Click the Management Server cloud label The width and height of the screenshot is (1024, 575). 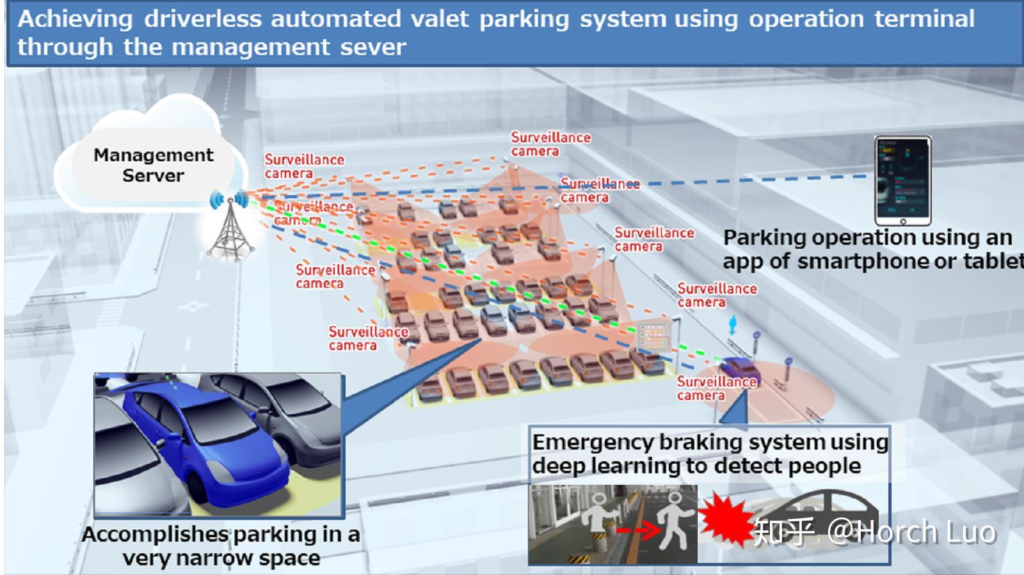click(x=153, y=165)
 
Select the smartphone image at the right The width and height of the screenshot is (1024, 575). click(x=902, y=180)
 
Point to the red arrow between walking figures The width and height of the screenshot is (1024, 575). click(x=637, y=530)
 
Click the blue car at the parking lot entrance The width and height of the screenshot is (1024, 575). click(x=739, y=370)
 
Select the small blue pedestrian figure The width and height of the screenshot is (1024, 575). click(x=733, y=325)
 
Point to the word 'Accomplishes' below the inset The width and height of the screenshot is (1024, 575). click(x=156, y=535)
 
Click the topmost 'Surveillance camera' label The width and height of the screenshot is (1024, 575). click(x=550, y=144)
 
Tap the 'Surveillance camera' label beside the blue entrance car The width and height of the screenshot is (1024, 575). click(x=716, y=388)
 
